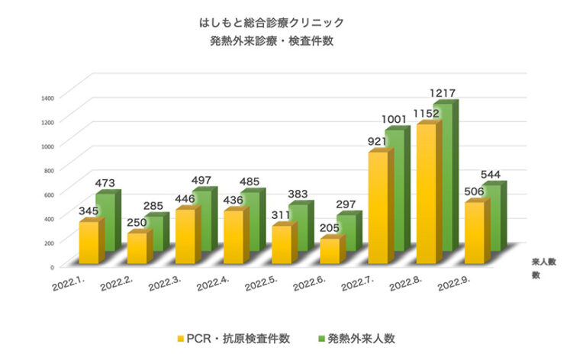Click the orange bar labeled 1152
427,194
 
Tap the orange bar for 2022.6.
330,251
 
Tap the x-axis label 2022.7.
357,285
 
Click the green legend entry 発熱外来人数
357,336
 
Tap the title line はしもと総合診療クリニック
271,23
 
